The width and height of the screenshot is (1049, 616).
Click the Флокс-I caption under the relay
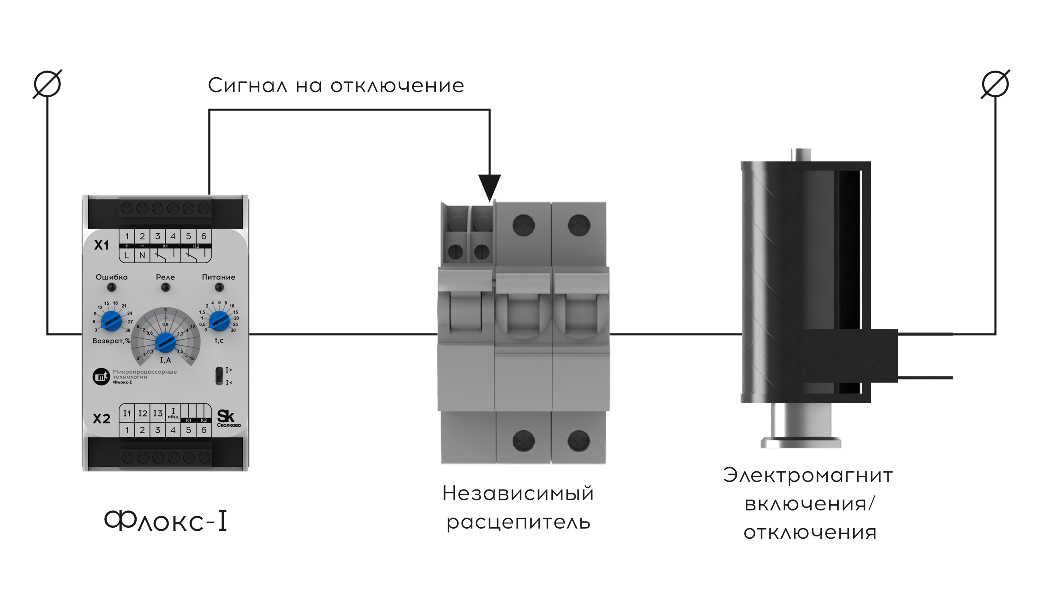tap(166, 521)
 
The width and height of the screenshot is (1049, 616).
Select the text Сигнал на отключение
tap(335, 86)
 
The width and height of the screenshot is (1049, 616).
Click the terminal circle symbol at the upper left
tap(48, 84)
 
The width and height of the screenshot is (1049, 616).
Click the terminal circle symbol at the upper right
tap(995, 84)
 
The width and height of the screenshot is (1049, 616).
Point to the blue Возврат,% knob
tap(111, 321)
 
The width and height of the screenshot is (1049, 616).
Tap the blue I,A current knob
tap(165, 343)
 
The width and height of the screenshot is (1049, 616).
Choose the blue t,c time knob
tap(219, 321)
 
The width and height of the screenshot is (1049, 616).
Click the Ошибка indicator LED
tap(112, 287)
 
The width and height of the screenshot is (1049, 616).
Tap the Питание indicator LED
tap(219, 287)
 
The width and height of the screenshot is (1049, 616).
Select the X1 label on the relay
tap(102, 245)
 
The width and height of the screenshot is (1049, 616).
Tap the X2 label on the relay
tap(102, 418)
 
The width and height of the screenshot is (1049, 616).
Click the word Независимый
tap(518, 494)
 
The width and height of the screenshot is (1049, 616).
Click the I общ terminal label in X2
tap(173, 413)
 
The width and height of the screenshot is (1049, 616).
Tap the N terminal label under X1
tap(142, 255)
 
